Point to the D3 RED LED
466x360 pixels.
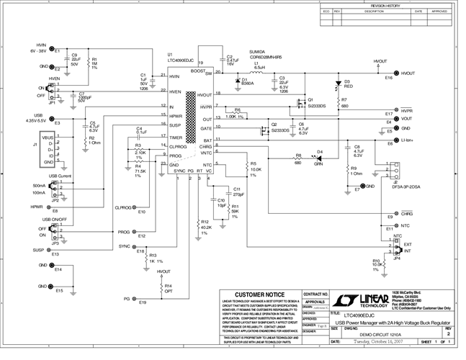tap(337, 84)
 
